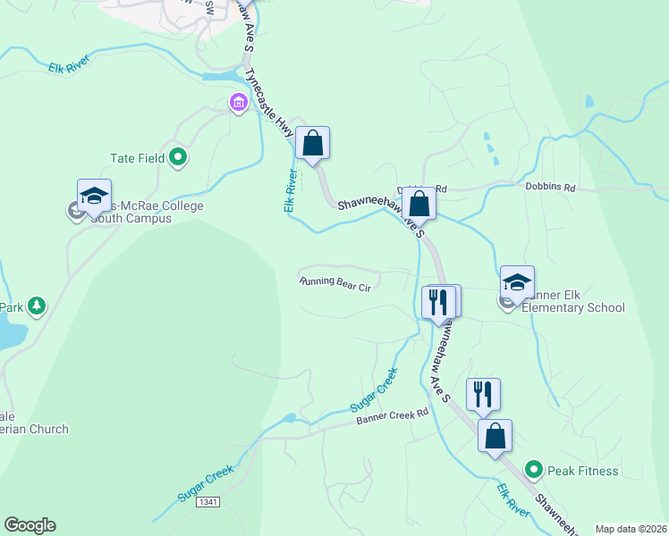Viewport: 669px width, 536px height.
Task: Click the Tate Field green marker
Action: coord(178,158)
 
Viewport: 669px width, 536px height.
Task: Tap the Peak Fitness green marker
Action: coord(534,469)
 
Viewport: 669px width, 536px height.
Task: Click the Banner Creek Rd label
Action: coord(393,417)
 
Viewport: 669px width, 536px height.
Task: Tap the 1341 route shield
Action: coord(209,503)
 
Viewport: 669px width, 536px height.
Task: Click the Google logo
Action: coord(30,525)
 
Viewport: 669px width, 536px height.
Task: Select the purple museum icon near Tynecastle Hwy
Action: coord(238,104)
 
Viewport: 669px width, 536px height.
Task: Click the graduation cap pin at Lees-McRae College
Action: coord(94,195)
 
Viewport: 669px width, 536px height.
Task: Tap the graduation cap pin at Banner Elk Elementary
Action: coord(517,282)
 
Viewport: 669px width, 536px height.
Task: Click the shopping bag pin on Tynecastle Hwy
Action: coord(313,143)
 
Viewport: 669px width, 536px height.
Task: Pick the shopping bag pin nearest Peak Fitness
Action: coord(495,436)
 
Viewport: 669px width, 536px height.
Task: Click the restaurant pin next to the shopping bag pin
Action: coord(483,394)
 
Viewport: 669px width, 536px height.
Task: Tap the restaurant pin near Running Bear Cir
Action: coord(438,302)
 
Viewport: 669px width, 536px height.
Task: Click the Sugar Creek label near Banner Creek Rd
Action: coord(373,393)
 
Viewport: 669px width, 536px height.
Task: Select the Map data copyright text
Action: coord(631,528)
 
